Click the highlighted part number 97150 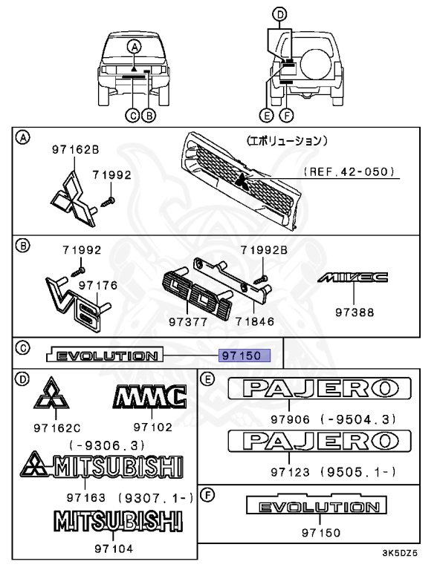coord(245,356)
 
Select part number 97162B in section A coord(75,149)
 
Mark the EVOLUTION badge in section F coord(317,507)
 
